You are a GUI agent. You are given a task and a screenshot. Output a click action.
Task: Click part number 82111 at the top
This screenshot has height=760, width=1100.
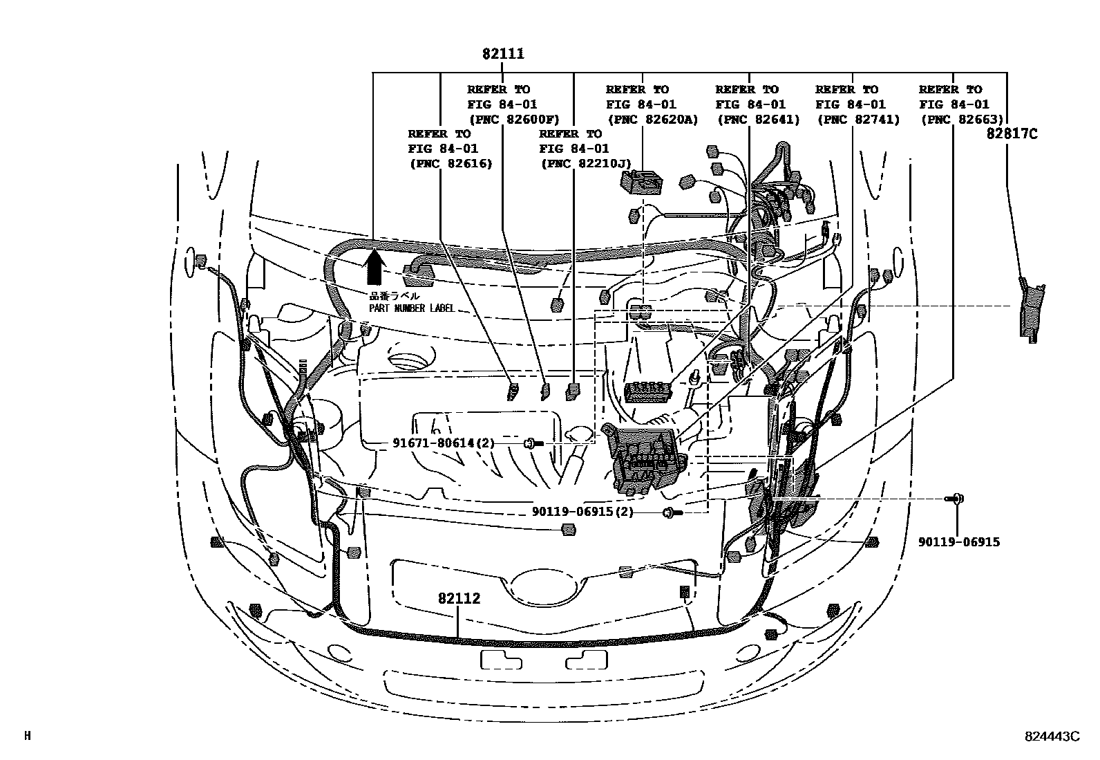pos(503,54)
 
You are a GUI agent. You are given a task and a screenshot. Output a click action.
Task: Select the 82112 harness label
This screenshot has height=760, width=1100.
pos(458,599)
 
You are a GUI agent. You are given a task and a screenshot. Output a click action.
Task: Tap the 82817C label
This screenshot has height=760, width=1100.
pos(1012,134)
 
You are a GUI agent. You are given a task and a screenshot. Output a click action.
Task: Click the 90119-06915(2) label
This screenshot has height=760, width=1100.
pos(582,512)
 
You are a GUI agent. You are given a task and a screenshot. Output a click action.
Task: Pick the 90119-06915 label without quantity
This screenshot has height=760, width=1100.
pos(958,542)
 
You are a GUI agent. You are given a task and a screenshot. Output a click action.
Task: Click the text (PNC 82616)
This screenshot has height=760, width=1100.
pos(451,164)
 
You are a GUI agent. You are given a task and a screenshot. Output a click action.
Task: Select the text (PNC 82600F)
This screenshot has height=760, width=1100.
pos(514,120)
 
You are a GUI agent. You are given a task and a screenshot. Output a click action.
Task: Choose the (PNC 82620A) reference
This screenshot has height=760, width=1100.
pos(652,120)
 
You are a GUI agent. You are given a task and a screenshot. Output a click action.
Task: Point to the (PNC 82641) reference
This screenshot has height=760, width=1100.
pos(758,120)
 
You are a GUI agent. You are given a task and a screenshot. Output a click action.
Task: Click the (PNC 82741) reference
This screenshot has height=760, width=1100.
pos(858,120)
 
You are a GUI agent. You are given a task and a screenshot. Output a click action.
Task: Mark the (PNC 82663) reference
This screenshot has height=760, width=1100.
pos(962,120)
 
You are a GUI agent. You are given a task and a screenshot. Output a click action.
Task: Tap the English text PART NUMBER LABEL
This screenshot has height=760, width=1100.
pos(412,308)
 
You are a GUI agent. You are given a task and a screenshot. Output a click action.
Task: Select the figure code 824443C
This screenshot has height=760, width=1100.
pos(1051,736)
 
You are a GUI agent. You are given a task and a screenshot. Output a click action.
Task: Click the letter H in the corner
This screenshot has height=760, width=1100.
pos(28,736)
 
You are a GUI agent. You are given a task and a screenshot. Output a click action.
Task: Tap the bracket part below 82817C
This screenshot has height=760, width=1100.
pos(1032,308)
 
